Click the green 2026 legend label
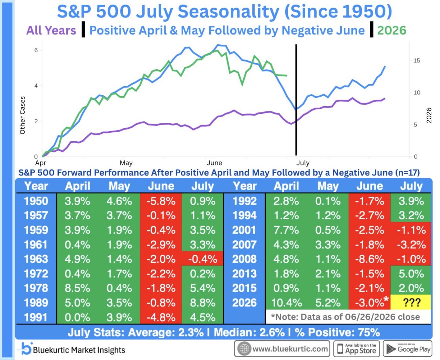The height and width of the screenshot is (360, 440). coord(392,31)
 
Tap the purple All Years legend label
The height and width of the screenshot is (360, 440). coord(51,31)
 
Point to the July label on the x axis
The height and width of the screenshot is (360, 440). coord(303,163)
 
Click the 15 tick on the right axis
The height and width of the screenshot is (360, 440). coord(417,61)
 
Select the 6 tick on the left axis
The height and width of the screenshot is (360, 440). coord(36,50)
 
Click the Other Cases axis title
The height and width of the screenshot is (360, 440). coord(22,115)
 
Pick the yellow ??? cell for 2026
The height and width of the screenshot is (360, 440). coord(410,302)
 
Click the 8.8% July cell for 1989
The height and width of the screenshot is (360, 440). coord(202,303)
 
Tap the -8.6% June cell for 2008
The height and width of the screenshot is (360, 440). coord(370,259)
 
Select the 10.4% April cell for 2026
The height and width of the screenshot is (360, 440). coord(286,303)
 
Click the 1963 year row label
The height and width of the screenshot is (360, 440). coord(36,259)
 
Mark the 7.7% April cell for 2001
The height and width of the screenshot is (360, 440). coord(286,230)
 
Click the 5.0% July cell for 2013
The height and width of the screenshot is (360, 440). coord(411,273)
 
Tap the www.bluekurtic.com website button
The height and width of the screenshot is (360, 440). coord(282,349)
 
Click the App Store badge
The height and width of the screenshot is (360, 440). coord(356,349)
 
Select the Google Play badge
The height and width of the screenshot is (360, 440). coord(408,349)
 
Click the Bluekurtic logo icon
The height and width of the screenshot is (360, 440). coord(26,349)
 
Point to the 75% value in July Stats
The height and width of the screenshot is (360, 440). coord(368,332)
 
